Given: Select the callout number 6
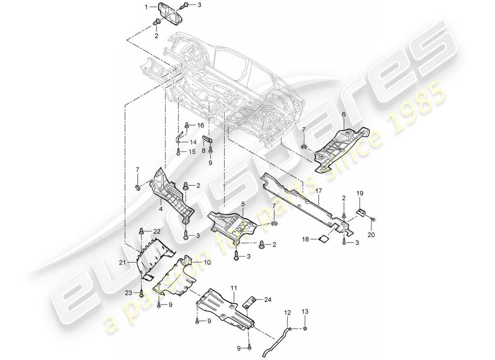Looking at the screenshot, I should [x=344, y=115].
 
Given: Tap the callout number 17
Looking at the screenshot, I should [x=318, y=191].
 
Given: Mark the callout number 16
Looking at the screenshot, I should [x=200, y=125].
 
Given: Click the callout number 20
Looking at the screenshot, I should [x=372, y=234].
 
